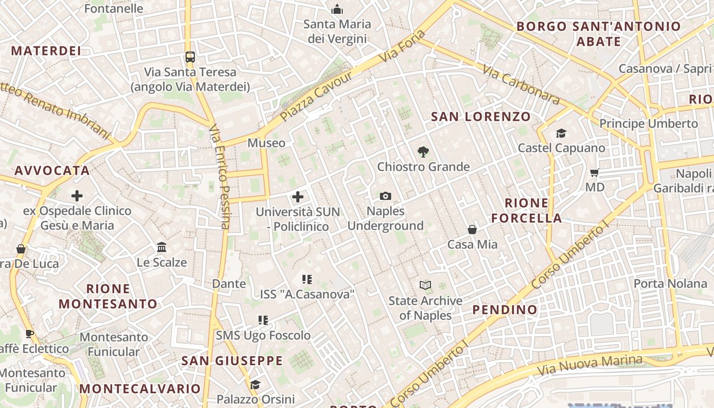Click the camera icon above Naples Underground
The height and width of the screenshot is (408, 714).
coord(386,196)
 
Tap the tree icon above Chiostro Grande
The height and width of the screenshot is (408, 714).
coord(423,151)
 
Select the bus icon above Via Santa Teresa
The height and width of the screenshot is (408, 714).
coord(190,57)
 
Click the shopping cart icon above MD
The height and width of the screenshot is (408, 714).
coord(594,172)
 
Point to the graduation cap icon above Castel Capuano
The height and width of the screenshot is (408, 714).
coord(561,133)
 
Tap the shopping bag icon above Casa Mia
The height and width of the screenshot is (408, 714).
coord(472,229)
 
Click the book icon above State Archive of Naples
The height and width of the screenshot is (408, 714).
coord(425,286)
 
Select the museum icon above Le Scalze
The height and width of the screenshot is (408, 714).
coord(162,247)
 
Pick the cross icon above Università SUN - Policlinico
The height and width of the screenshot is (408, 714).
coord(298,196)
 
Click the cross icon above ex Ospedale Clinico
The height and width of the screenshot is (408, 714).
coord(77,195)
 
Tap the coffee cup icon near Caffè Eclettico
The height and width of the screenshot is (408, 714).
coord(30,334)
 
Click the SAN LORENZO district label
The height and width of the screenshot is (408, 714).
coord(481,117)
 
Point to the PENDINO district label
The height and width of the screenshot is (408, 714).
coord(504,310)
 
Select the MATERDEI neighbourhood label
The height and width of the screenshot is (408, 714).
coord(46,51)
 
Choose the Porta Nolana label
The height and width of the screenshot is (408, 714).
coord(670,284)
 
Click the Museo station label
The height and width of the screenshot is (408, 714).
coord(266,143)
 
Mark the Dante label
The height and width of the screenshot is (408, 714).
coord(228,284)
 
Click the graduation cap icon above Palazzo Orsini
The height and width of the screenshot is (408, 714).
coord(255,384)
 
